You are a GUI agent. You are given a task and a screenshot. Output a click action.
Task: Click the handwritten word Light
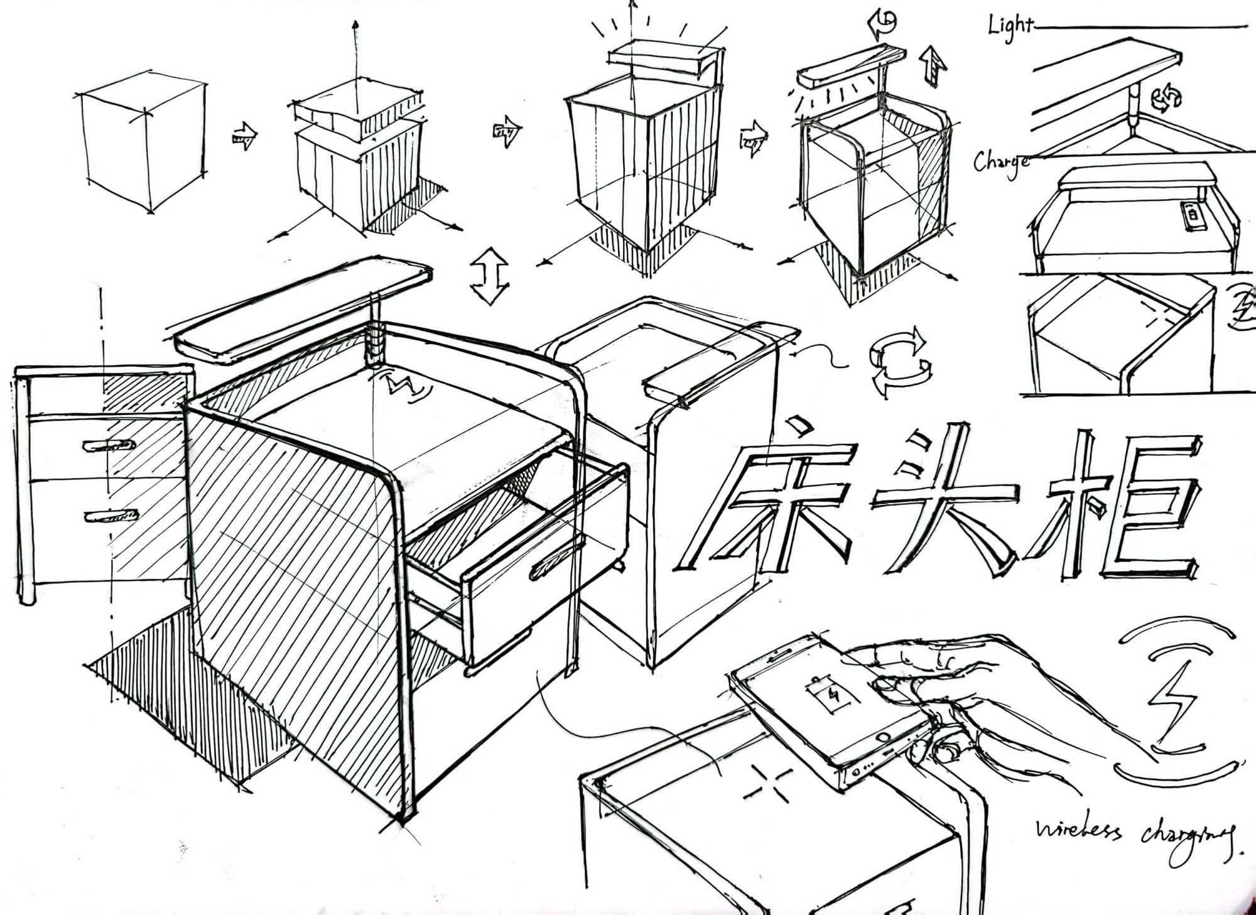(1010, 27)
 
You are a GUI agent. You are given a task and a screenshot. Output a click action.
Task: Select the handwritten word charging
(1184, 838)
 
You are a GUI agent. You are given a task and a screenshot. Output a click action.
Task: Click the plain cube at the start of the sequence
(143, 141)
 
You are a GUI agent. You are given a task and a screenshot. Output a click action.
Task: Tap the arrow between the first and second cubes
(244, 135)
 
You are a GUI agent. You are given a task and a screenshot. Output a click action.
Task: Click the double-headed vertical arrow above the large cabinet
(490, 276)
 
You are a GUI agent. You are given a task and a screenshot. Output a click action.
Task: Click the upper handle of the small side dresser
(109, 446)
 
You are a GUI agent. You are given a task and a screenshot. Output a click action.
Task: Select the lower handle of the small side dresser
(111, 516)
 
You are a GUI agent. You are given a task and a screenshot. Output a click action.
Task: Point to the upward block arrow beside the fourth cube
(933, 67)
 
